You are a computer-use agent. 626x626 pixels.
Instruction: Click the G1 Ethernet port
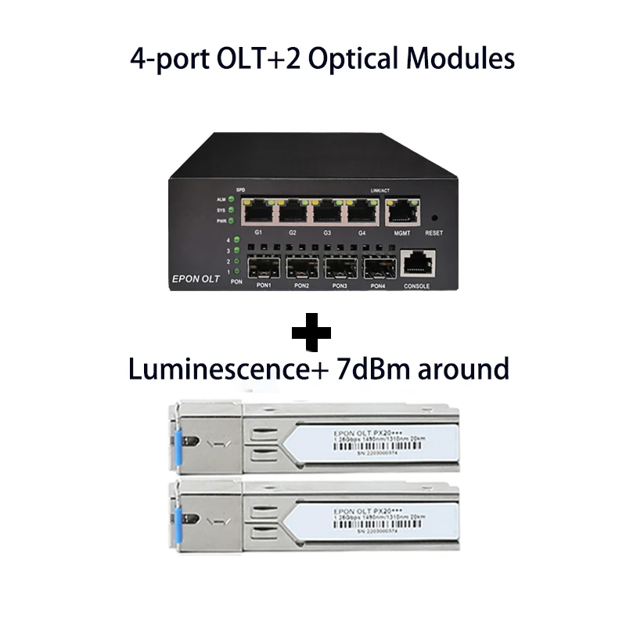click(259, 210)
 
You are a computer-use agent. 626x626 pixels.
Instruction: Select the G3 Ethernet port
click(328, 210)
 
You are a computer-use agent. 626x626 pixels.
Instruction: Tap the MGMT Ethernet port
click(402, 210)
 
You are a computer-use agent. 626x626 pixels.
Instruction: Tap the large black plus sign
click(311, 333)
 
